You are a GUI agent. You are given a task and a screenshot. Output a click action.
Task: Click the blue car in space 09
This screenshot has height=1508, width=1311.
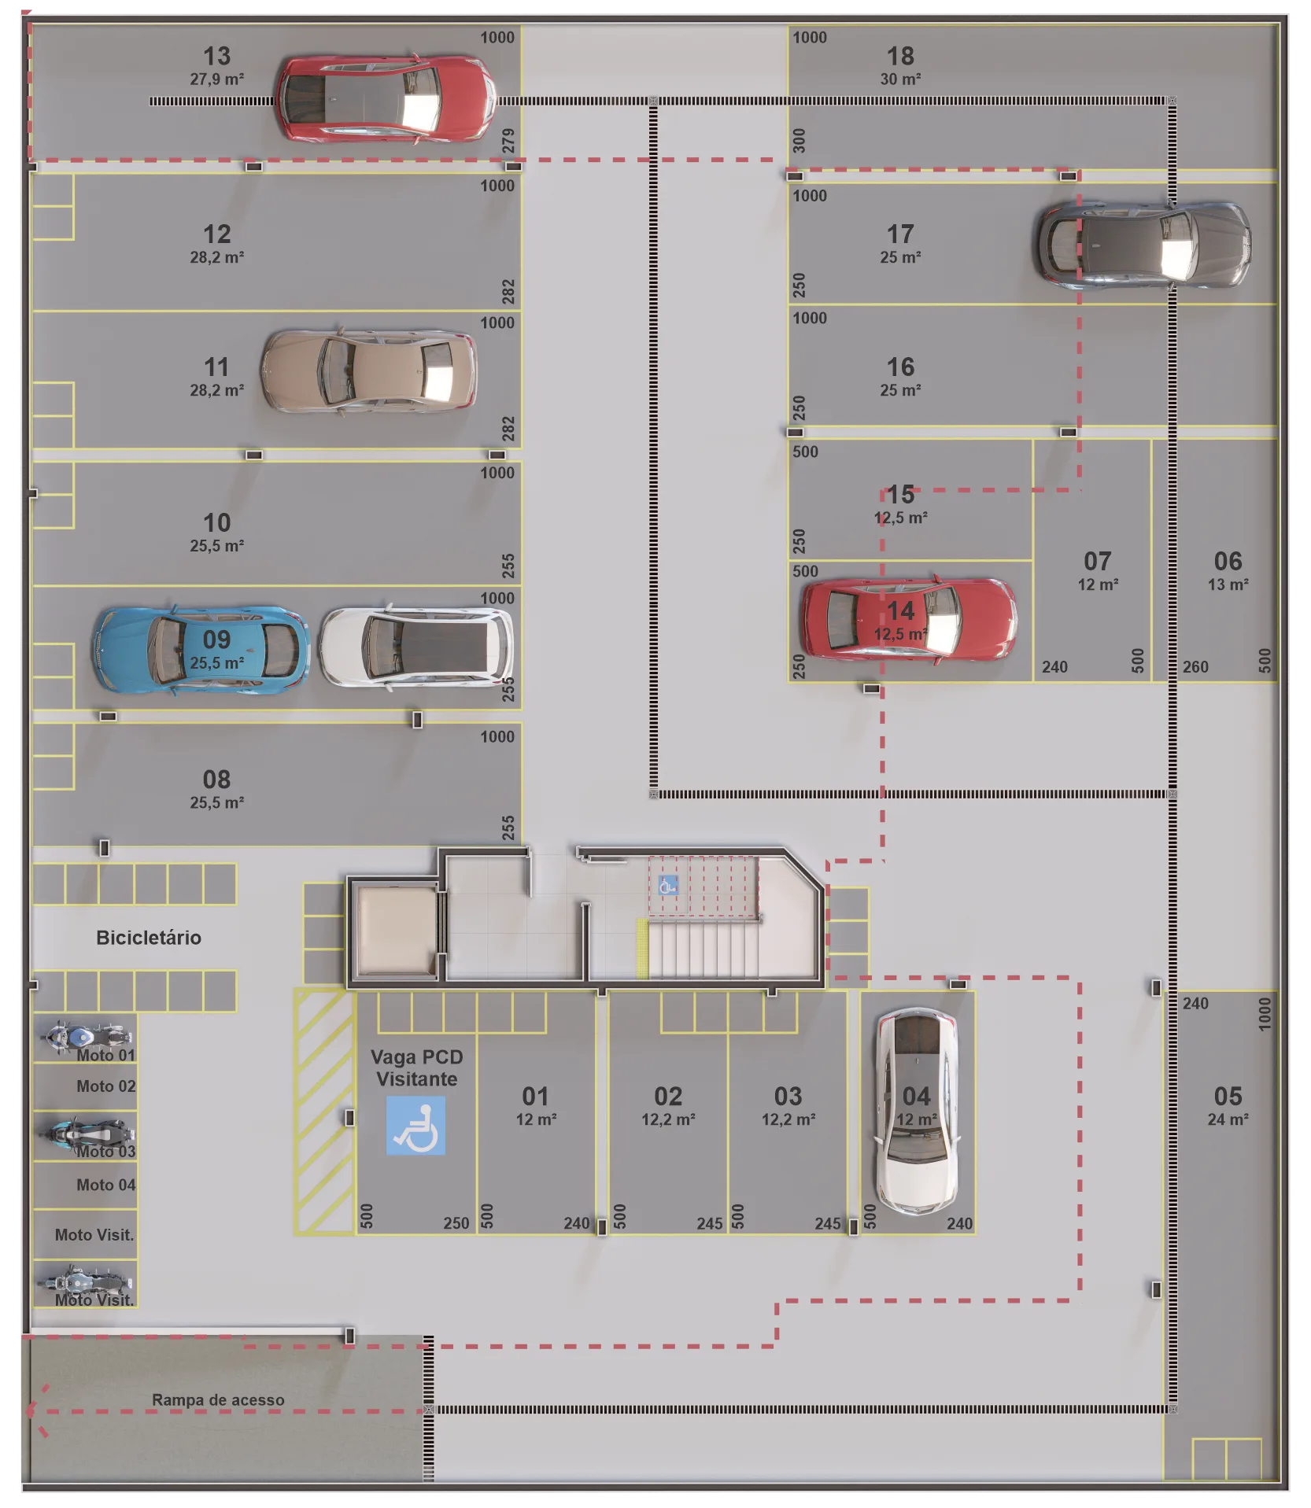click(201, 650)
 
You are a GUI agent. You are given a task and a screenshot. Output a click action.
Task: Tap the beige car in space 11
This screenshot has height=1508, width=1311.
click(368, 371)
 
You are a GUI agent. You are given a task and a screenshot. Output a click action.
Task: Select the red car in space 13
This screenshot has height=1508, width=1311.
click(385, 99)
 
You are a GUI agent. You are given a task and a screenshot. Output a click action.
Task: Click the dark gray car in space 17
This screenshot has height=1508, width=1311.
click(1142, 243)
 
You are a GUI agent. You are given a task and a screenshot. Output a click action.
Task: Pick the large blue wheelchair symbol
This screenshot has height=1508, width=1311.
click(415, 1126)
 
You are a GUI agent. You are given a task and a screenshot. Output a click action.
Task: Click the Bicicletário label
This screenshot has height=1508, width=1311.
click(149, 938)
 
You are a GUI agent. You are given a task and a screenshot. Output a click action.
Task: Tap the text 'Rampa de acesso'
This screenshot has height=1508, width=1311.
click(218, 1400)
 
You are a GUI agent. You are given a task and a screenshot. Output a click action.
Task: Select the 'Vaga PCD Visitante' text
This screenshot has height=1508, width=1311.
click(417, 1068)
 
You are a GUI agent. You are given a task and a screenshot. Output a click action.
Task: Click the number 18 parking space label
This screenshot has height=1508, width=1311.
click(900, 56)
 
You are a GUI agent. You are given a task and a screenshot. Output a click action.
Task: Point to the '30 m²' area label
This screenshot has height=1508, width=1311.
click(900, 79)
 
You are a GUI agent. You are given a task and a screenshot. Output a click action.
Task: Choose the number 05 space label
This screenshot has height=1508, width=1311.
click(1228, 1096)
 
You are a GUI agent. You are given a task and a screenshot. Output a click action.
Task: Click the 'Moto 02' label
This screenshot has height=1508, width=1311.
click(106, 1086)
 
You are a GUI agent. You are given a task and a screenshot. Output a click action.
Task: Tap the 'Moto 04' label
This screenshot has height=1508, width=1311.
click(106, 1185)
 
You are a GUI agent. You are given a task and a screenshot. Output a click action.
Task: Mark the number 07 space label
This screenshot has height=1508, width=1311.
click(1098, 561)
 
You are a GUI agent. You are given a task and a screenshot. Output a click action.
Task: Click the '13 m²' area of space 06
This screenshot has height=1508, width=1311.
click(1228, 584)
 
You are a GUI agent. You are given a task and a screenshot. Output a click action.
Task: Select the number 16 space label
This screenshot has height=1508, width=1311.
click(900, 367)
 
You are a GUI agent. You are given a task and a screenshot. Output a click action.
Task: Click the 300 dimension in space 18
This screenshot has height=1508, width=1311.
click(799, 141)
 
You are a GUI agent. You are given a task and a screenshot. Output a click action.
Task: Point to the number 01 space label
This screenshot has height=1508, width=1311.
click(535, 1096)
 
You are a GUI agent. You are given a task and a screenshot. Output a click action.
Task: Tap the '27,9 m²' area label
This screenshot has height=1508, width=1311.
click(216, 79)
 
